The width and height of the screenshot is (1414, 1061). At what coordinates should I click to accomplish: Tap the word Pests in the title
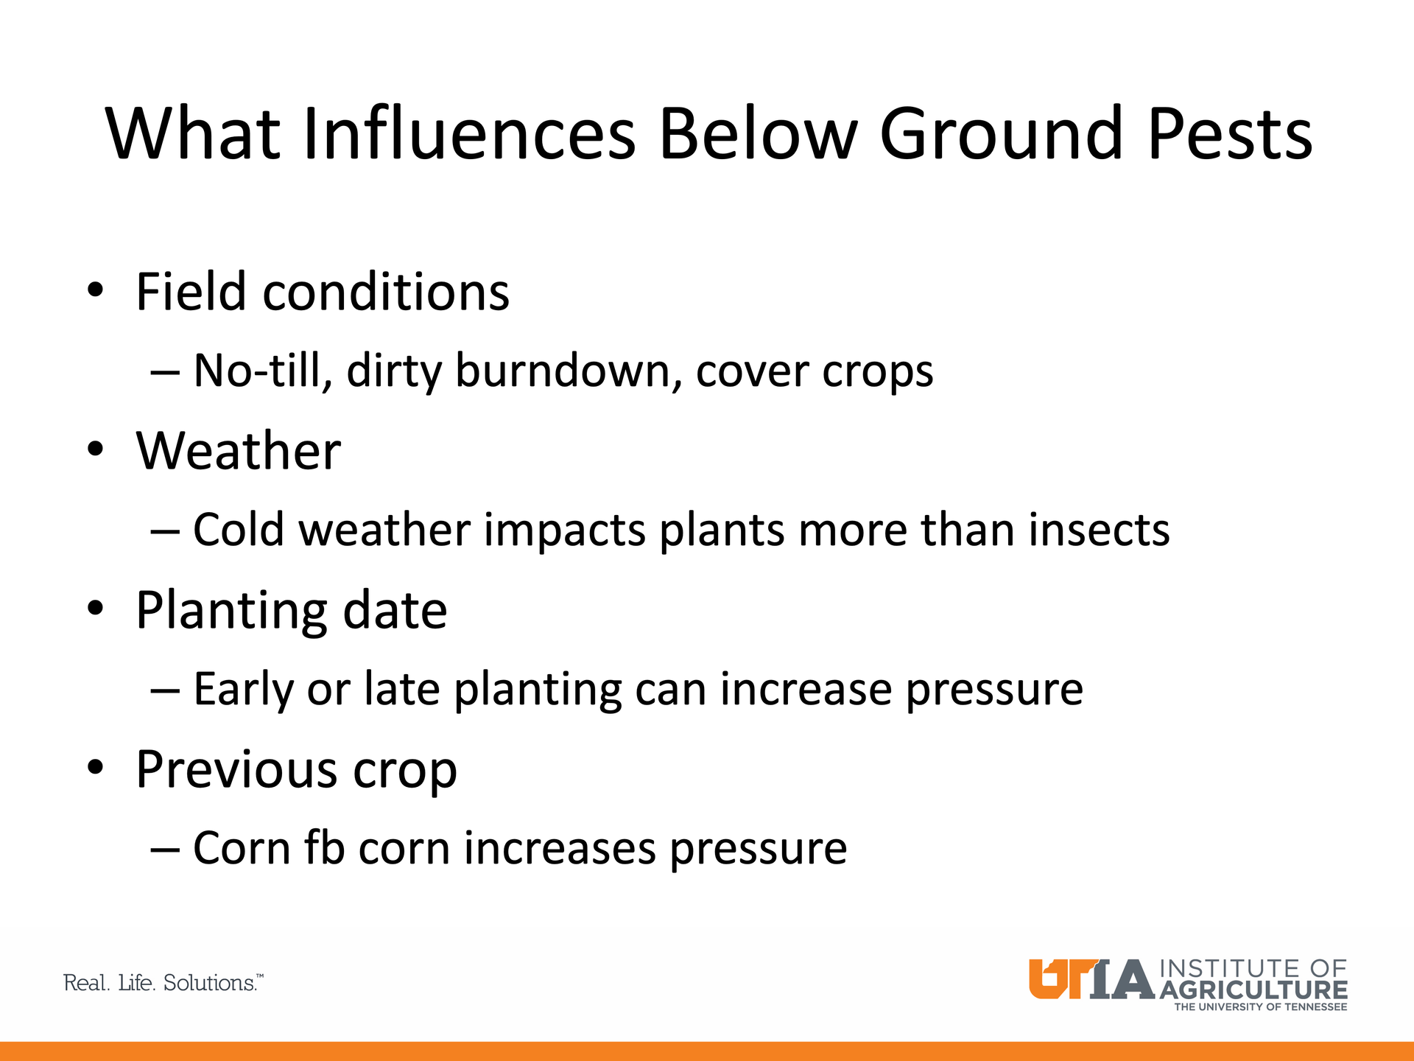click(1230, 133)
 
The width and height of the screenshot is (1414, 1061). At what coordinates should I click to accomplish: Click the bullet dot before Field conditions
click(95, 290)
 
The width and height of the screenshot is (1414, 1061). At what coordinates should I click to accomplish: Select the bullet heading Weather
click(239, 450)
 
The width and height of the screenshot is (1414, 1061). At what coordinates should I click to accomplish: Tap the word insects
click(1099, 529)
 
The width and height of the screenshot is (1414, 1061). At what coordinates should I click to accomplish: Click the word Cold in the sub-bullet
click(239, 529)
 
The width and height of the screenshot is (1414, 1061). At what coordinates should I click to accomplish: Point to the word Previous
click(236, 769)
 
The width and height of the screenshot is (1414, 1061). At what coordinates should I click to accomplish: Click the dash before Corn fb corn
click(165, 850)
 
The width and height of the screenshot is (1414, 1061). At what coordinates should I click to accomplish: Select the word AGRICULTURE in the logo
click(1253, 990)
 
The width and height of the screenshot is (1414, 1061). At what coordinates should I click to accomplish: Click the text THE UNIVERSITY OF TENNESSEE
click(1260, 1006)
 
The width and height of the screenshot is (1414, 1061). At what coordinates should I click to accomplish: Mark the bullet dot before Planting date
click(95, 609)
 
